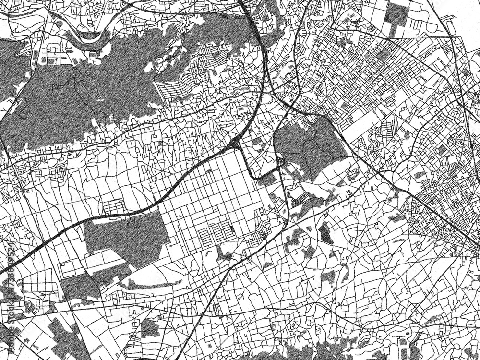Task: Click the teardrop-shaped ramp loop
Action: [280, 163]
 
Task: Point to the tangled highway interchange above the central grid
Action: [235, 143]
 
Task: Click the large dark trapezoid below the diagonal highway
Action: [127, 238]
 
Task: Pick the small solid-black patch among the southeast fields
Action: [325, 234]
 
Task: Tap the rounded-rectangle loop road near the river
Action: [54, 49]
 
